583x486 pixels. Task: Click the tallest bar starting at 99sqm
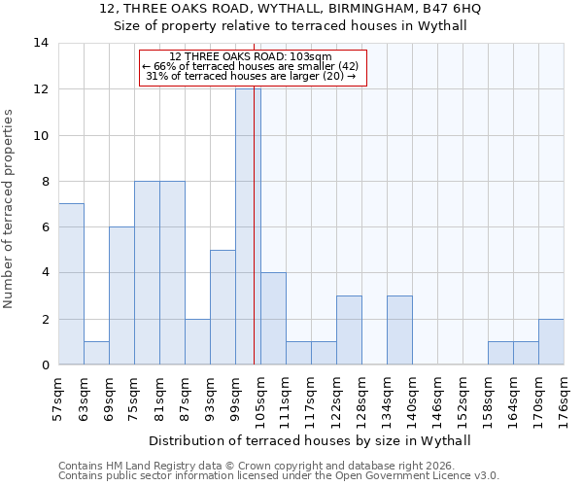(248, 226)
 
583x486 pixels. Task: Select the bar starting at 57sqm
(71, 284)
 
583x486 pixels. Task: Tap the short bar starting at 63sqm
(96, 353)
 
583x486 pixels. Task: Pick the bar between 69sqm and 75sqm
(121, 295)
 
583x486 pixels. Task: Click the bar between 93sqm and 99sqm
(223, 307)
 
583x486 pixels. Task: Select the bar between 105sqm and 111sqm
(273, 319)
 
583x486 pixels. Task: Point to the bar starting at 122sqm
(349, 330)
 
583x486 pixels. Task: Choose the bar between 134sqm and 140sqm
(399, 330)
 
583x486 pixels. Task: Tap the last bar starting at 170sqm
(551, 341)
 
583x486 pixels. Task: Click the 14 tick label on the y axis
(41, 43)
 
